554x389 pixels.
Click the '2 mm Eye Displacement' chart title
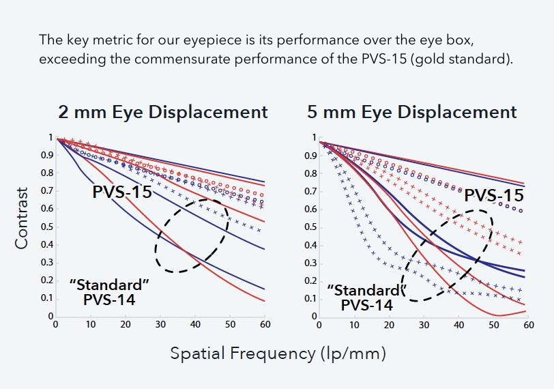[163, 112]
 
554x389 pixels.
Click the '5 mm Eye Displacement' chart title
[412, 112]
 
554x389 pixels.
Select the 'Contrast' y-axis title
[22, 218]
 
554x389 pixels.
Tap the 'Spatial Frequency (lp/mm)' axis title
[278, 354]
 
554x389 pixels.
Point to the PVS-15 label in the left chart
[122, 192]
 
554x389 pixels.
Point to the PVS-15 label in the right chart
[493, 197]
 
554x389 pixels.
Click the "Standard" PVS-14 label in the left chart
[109, 291]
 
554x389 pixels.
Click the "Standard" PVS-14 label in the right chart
[366, 298]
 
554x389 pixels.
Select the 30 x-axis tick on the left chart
[160, 325]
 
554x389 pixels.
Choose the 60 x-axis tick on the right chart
[529, 325]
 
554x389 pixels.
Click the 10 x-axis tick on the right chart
[354, 325]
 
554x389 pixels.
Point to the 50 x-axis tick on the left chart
[231, 325]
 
